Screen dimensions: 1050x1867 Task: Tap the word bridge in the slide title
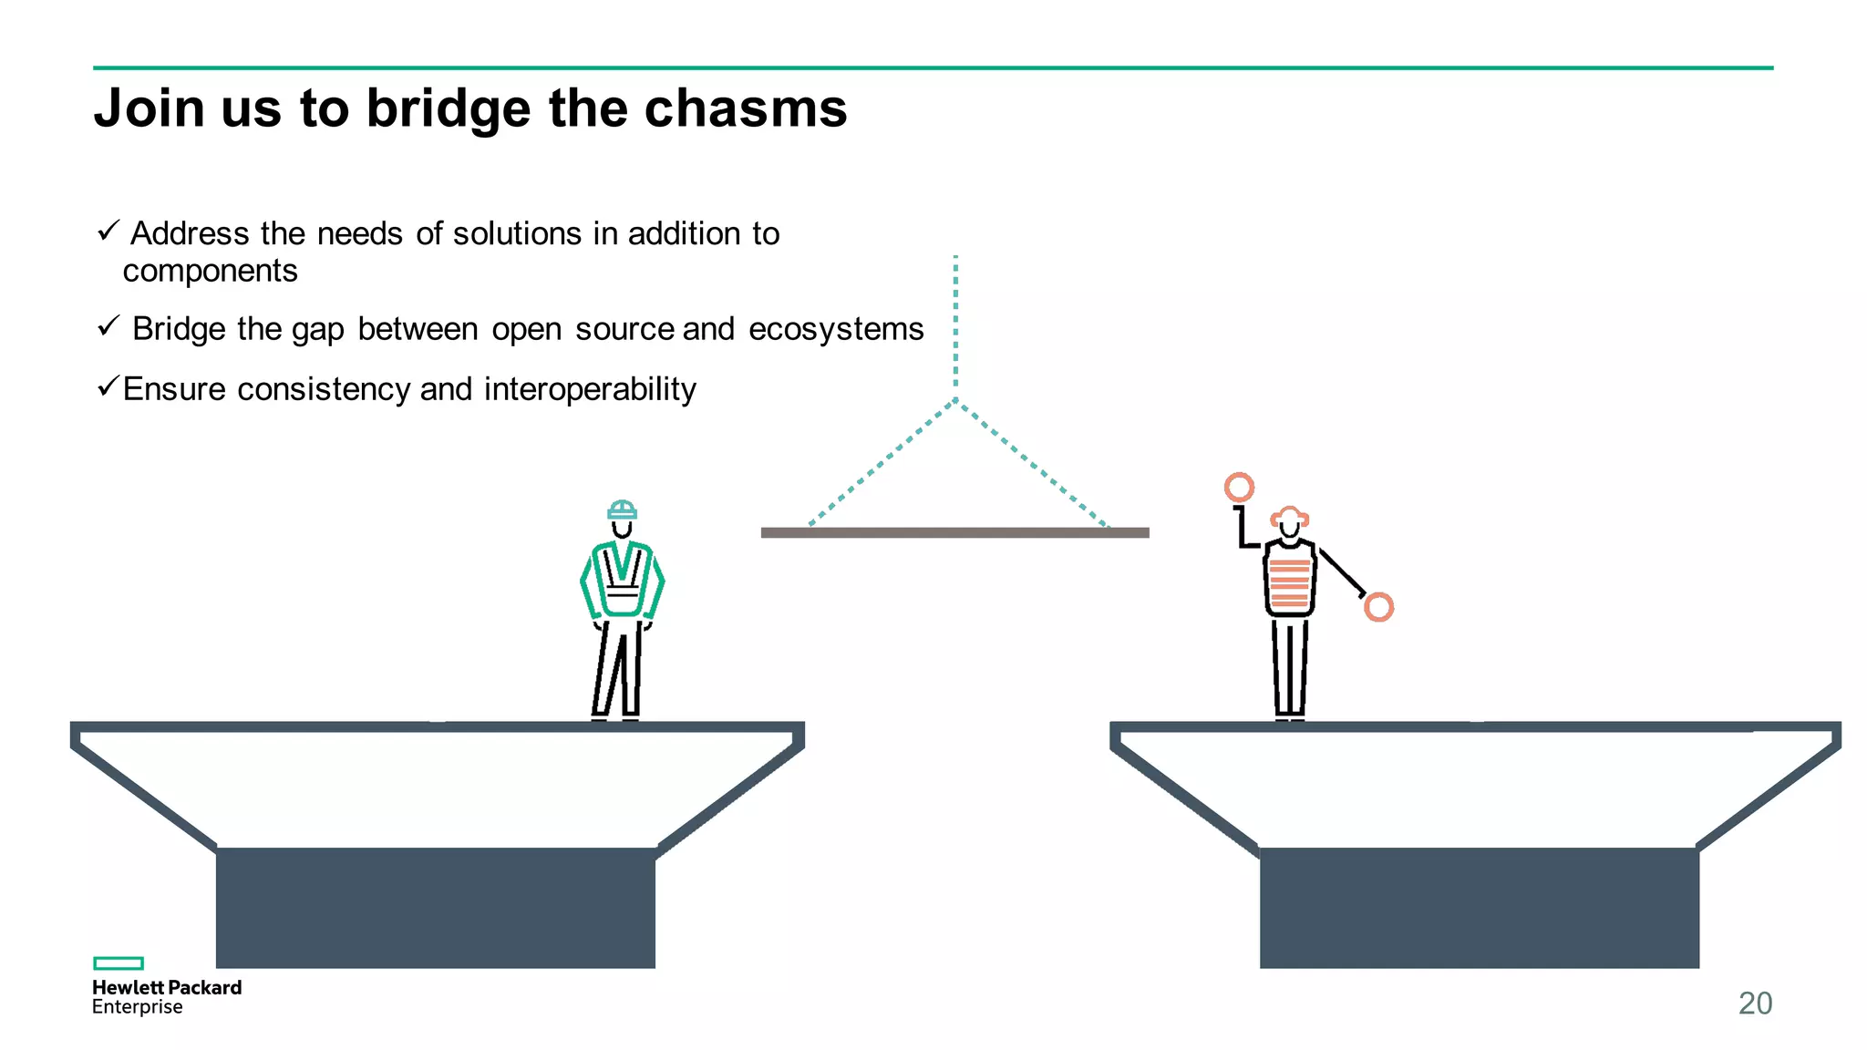448,108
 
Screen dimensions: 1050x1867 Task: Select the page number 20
1755,1003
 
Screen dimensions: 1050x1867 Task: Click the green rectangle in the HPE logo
119,963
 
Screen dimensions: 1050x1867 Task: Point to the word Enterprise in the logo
138,1007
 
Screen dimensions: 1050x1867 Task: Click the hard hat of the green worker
623,510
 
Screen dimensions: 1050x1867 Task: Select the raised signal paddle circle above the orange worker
1239,488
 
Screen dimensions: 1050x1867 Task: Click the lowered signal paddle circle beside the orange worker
1378,607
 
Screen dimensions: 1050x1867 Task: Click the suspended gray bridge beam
954,532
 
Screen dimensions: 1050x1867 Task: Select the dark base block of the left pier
436,908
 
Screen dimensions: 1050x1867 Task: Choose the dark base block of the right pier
1479,908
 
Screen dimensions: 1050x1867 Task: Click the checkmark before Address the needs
108,231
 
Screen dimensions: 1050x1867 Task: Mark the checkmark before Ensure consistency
108,387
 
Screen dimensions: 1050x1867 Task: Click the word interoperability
590,389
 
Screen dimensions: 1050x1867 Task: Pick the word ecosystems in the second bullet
836,329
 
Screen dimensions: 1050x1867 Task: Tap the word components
211,272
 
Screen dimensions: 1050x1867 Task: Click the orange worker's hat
1290,517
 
